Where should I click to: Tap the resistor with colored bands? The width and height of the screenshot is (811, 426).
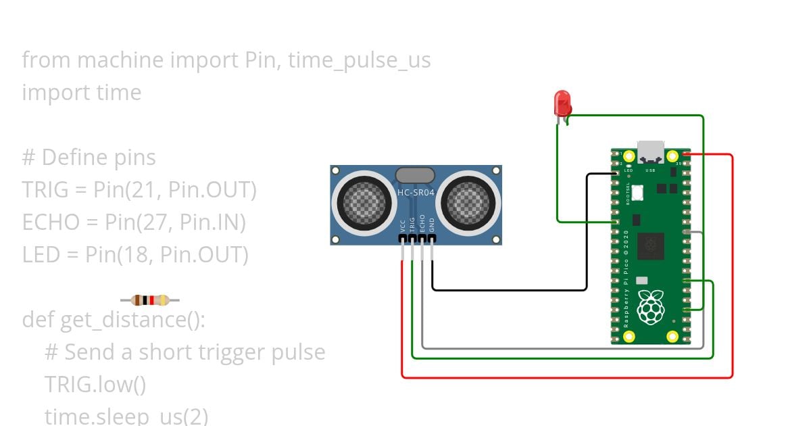click(150, 300)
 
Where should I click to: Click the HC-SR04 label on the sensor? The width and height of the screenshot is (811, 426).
click(416, 193)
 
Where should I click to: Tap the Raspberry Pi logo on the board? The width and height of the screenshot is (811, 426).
click(651, 307)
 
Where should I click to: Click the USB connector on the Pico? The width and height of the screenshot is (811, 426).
click(651, 151)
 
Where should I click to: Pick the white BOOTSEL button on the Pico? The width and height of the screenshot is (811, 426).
click(637, 193)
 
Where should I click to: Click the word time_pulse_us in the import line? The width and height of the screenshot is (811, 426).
click(359, 60)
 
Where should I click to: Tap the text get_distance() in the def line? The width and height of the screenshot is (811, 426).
click(132, 319)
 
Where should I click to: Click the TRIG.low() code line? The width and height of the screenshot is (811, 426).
click(95, 384)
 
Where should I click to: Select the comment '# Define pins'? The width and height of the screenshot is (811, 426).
click(89, 158)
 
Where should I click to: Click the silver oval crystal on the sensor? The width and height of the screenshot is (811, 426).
click(415, 175)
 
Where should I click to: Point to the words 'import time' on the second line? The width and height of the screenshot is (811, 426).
click(82, 93)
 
